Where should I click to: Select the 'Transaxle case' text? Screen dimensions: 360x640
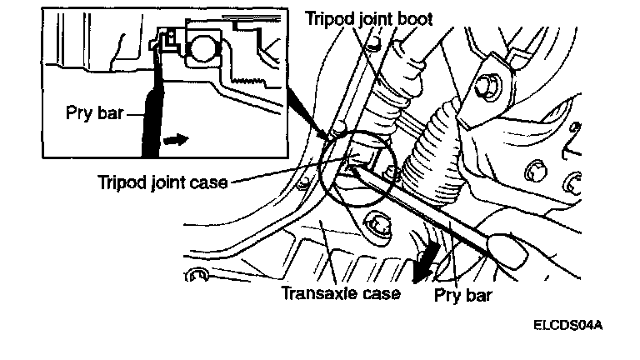tap(341, 293)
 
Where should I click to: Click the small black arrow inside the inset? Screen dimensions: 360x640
tap(176, 139)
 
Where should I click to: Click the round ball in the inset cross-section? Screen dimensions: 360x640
tap(201, 50)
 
